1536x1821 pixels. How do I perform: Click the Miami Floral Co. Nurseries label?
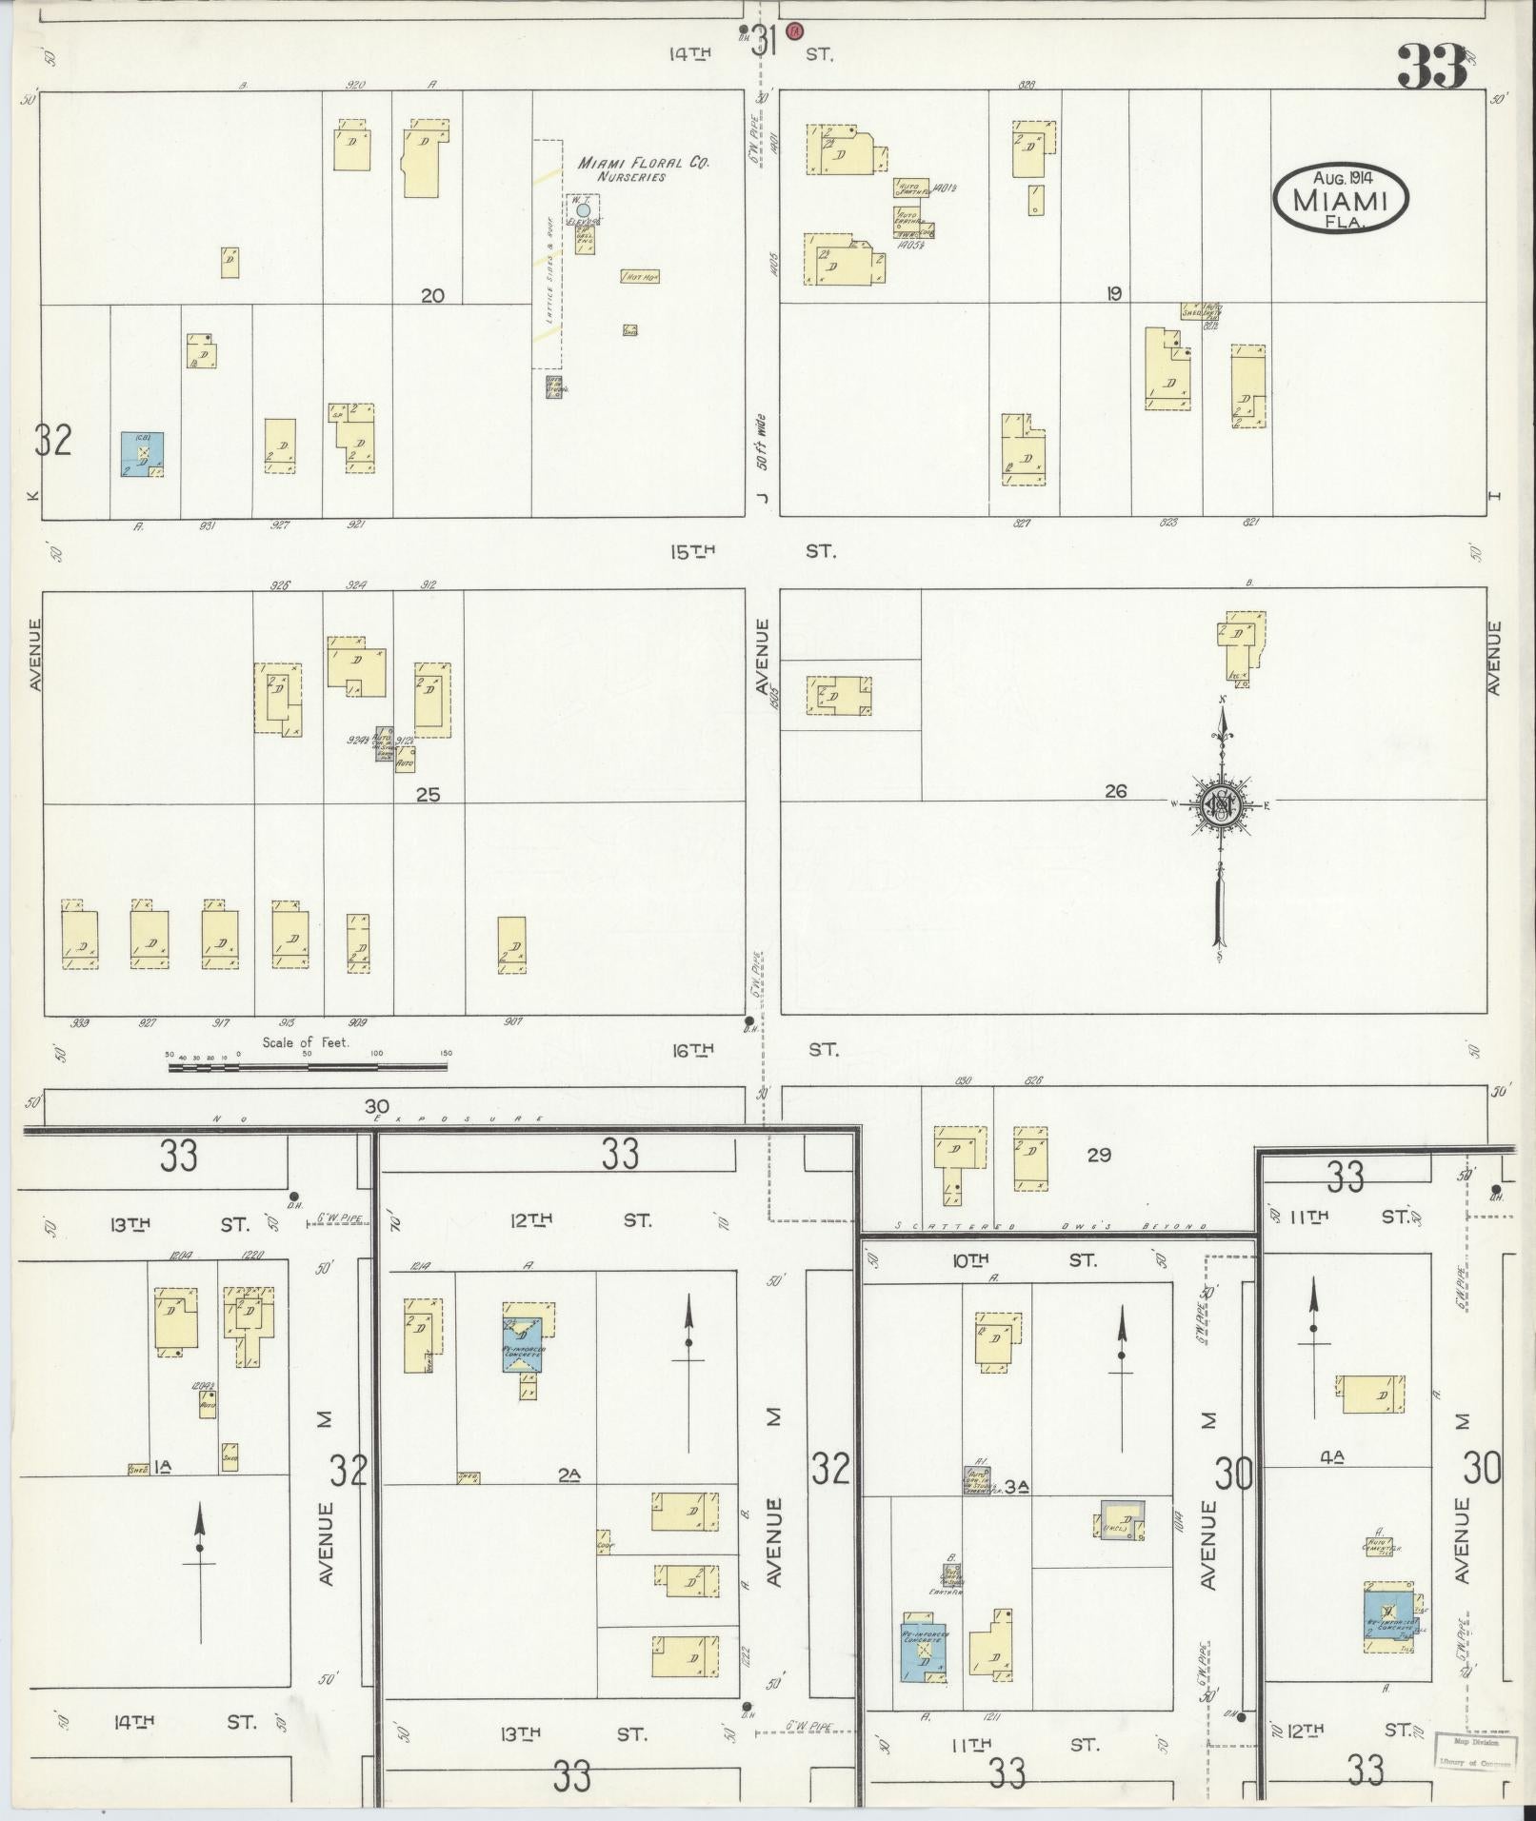[644, 169]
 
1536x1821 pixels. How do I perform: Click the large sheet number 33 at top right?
[1431, 67]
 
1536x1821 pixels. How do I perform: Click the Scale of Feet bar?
[308, 1067]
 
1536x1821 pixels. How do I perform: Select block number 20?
[432, 296]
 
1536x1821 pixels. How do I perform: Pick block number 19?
[1113, 294]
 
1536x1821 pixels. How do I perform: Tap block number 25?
[428, 794]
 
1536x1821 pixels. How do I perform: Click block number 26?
[1115, 790]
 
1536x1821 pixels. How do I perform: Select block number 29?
[1099, 1155]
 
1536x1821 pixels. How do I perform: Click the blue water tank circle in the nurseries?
[584, 209]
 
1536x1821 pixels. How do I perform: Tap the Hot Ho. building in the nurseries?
[640, 277]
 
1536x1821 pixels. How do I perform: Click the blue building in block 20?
[142, 454]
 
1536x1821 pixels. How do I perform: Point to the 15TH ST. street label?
[752, 551]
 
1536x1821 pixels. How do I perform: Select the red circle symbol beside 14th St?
[796, 30]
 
